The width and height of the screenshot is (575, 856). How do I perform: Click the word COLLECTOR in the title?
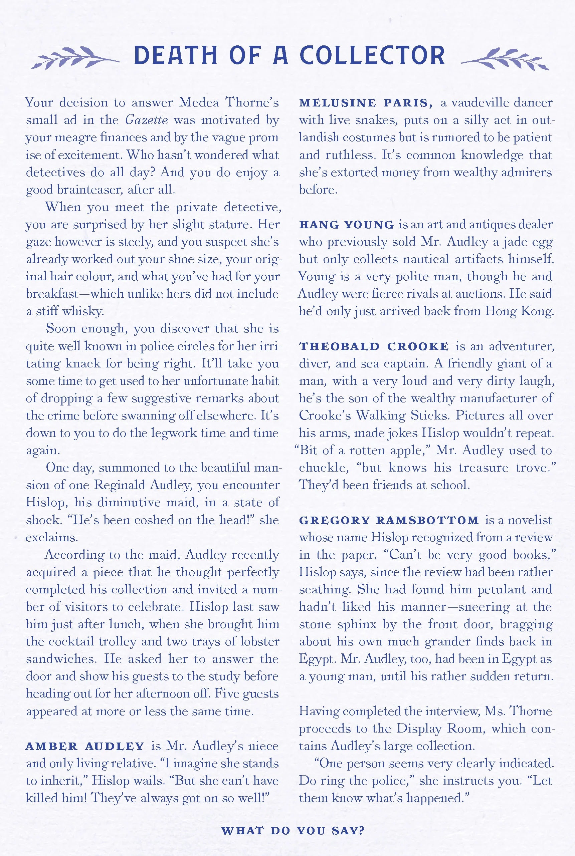tap(372, 56)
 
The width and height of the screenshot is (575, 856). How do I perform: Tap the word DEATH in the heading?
tap(176, 56)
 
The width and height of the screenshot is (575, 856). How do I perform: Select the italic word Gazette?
tap(146, 120)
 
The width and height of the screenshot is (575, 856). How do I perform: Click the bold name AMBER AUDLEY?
tap(85, 747)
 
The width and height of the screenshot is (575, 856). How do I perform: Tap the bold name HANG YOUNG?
tap(347, 225)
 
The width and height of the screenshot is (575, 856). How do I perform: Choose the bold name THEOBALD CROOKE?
tap(374, 346)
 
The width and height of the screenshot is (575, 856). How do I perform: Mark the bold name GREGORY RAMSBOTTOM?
tap(389, 520)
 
